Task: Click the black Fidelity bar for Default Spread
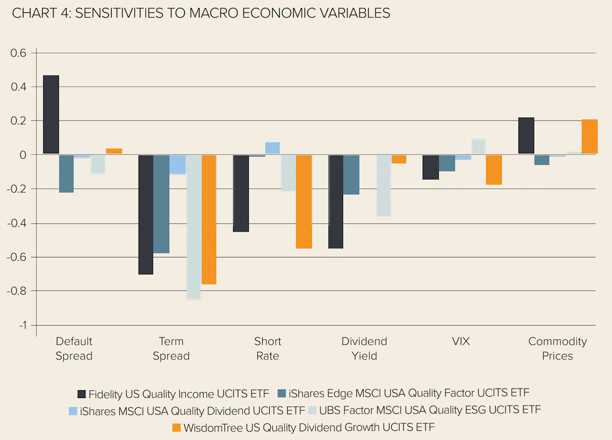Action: pos(51,114)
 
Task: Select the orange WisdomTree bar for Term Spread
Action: pos(209,219)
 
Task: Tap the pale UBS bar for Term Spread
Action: pos(194,227)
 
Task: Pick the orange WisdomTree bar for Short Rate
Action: pos(304,201)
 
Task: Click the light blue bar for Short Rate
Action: pos(272,148)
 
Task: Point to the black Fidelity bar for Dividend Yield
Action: pos(336,201)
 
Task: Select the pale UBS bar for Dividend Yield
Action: pos(383,185)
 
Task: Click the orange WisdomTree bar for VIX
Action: pos(494,170)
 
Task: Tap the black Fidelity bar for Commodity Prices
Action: pos(526,135)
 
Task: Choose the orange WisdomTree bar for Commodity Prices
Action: pos(589,136)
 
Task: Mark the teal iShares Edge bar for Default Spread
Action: pos(66,173)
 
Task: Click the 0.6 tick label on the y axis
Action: pos(18,53)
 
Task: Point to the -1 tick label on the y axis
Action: pos(23,325)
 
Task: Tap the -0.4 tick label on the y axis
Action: pos(17,223)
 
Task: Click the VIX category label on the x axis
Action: pos(461,341)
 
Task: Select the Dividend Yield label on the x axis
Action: pos(364,348)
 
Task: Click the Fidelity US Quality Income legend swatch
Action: pos(82,394)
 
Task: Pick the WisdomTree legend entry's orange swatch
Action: pos(177,428)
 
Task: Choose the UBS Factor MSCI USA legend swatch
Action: pos(312,410)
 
